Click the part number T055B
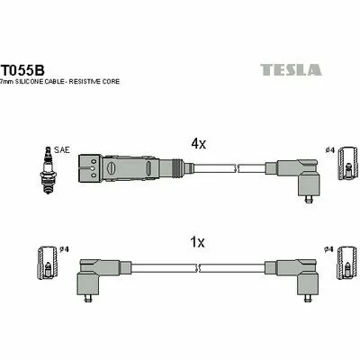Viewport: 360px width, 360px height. tap(23, 70)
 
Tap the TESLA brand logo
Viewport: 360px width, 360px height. tap(291, 69)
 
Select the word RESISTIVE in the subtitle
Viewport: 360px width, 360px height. tap(85, 82)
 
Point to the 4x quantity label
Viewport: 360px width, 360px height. tap(199, 144)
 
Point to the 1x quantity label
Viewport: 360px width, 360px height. tap(198, 242)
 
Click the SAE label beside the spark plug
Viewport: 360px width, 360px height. tap(62, 149)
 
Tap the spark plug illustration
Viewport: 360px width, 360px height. tap(48, 170)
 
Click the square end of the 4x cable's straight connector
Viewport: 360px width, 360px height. tap(90, 167)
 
